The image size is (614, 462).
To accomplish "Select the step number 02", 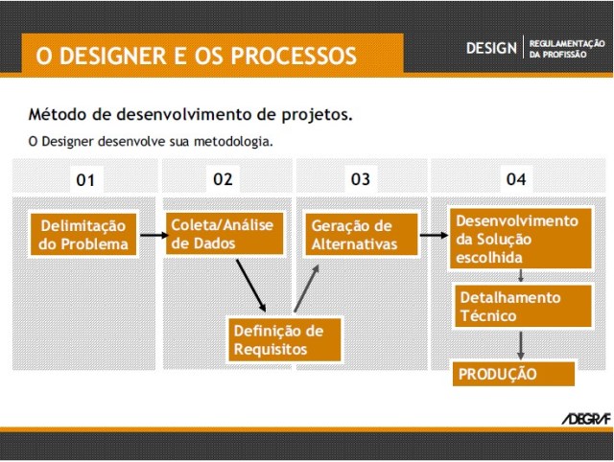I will tap(224, 179).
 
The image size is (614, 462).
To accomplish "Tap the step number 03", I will tap(360, 179).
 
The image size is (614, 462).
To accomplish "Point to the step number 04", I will tap(516, 179).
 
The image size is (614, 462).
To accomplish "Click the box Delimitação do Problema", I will tap(83, 235).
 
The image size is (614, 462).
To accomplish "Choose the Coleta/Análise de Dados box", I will tap(224, 233).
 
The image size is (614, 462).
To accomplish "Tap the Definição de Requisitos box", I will tap(284, 339).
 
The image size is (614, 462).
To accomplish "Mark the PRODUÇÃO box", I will tap(513, 373).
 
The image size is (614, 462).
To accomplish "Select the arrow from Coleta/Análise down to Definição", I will tap(250, 282).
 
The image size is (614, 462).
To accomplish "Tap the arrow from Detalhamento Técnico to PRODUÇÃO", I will tap(520, 345).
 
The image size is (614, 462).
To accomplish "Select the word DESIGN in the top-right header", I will tap(491, 48).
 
